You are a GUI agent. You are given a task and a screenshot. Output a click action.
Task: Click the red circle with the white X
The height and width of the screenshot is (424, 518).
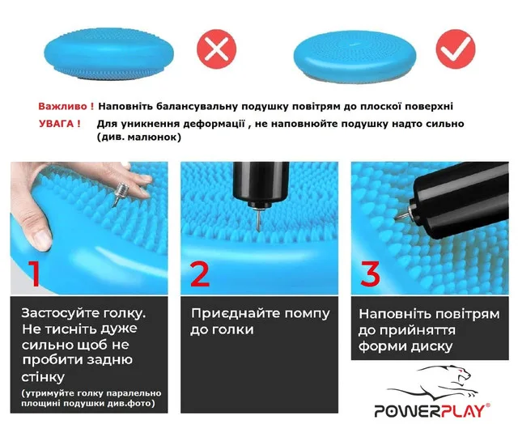pyautogui.click(x=217, y=49)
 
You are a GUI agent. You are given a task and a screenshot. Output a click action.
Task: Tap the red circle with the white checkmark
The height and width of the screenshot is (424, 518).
pyautogui.click(x=456, y=49)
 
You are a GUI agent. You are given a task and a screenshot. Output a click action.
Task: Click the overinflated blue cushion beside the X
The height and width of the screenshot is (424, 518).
pyautogui.click(x=108, y=54)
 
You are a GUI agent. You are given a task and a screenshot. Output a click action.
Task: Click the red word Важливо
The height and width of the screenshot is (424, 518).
pyautogui.click(x=63, y=106)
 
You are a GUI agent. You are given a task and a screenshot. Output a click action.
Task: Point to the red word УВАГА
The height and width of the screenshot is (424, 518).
pyautogui.click(x=56, y=124)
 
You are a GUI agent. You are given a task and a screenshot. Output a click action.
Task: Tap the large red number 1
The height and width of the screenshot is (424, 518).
pyautogui.click(x=35, y=273)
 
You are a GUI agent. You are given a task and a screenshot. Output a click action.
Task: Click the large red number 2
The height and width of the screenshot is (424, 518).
pyautogui.click(x=200, y=273)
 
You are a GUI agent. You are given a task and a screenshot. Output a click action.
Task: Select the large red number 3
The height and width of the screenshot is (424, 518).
pyautogui.click(x=370, y=273)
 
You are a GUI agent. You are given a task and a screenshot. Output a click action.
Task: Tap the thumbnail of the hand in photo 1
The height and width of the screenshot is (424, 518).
pyautogui.click(x=43, y=240)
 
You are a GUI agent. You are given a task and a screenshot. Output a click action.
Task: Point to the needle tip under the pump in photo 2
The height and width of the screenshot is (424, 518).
pyautogui.click(x=259, y=229)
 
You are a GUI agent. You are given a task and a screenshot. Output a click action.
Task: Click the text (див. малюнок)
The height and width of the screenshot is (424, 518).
pyautogui.click(x=139, y=137)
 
